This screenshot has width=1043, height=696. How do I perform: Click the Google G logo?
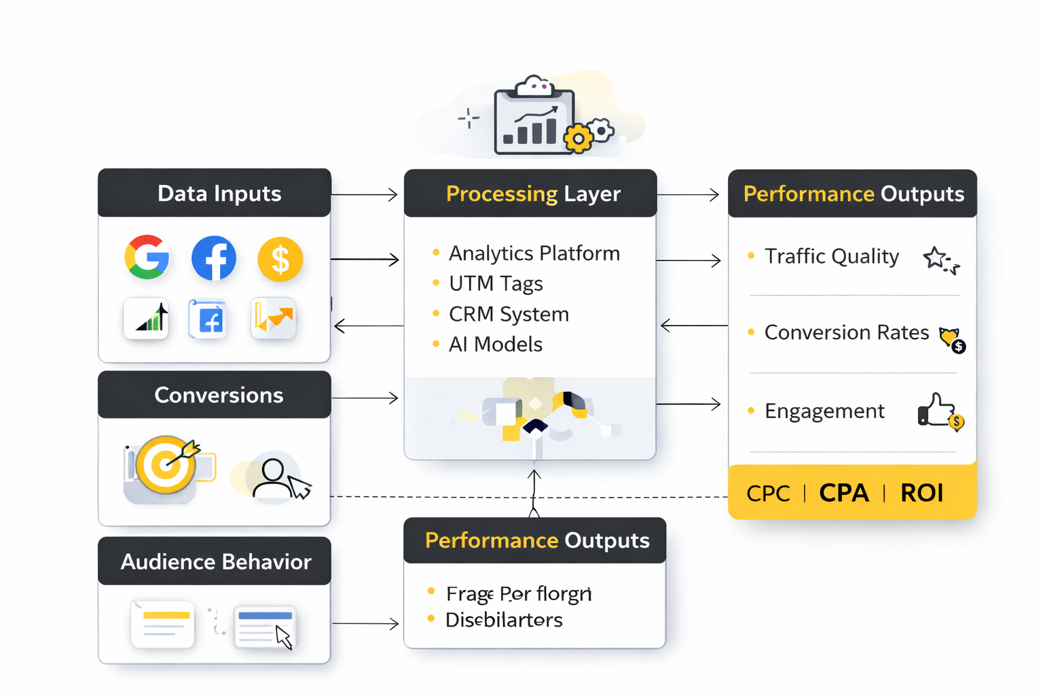coord(147,258)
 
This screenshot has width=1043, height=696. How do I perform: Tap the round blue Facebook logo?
coord(214,258)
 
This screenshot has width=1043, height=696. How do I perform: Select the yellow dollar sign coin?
coord(280,259)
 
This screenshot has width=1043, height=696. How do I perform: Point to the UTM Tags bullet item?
coord(496,283)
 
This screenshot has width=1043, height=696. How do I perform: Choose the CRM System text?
coord(509,314)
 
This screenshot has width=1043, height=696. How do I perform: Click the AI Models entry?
coord(495,345)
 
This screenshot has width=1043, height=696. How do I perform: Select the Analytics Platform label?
coord(534,254)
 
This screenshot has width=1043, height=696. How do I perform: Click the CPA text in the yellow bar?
coord(843,493)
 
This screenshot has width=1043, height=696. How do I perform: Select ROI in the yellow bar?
coord(921,493)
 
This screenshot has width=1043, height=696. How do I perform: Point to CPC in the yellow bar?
coord(768,493)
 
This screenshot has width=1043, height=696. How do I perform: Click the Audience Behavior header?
coord(215,561)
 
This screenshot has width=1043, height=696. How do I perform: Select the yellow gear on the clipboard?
coord(578,139)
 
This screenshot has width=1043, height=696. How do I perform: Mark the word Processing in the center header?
coord(501,194)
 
